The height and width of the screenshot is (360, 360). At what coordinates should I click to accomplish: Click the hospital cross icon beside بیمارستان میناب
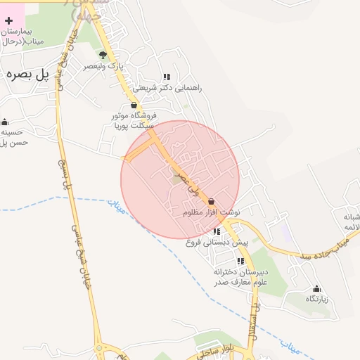8,21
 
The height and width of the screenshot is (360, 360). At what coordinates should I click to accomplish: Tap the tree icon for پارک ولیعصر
103,54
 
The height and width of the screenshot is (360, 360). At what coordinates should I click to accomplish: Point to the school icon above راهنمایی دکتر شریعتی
167,77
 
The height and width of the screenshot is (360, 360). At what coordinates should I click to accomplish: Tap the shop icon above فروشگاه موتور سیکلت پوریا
134,105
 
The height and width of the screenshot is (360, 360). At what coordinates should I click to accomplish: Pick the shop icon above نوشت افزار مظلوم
212,201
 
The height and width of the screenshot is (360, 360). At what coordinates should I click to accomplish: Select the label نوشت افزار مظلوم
212,212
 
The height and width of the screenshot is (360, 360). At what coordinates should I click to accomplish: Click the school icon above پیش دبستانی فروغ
217,231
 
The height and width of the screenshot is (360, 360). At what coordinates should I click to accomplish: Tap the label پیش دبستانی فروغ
217,242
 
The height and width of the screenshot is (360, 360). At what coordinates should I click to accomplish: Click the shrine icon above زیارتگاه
316,288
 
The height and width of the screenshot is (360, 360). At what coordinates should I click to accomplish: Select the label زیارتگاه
316,299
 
